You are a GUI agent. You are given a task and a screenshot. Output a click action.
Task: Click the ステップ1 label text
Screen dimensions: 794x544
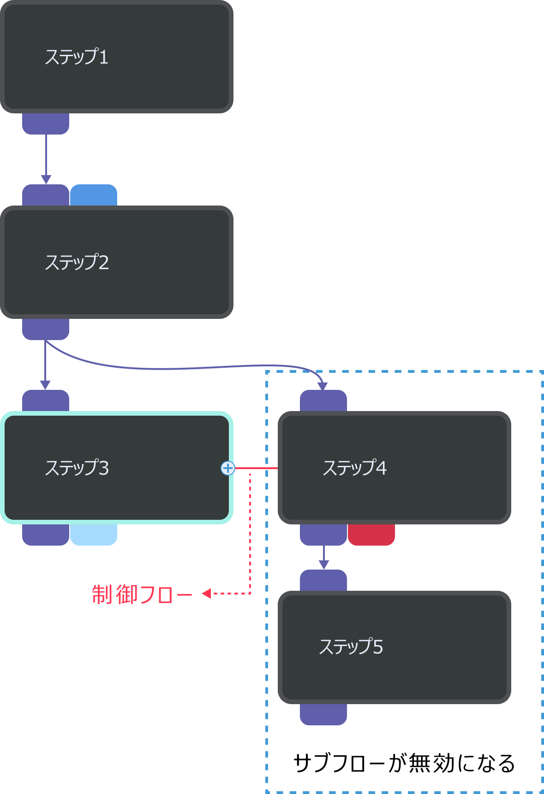(x=77, y=57)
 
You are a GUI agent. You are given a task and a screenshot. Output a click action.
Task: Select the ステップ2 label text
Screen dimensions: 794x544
(x=77, y=262)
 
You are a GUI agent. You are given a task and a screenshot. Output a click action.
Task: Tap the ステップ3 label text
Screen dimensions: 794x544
(x=77, y=468)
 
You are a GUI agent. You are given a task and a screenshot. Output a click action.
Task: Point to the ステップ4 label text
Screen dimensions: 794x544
(x=354, y=468)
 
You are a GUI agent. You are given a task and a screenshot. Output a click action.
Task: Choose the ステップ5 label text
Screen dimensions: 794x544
(x=351, y=647)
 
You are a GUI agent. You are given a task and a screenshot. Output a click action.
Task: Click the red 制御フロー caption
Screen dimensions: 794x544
(x=142, y=594)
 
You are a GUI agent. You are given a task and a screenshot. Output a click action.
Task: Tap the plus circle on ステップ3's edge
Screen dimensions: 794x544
(x=228, y=468)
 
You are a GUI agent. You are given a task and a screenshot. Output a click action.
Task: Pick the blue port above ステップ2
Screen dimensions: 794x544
(x=94, y=195)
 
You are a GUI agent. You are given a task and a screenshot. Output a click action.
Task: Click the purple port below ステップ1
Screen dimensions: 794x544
(x=46, y=124)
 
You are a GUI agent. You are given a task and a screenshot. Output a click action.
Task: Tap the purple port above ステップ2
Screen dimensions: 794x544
(x=46, y=195)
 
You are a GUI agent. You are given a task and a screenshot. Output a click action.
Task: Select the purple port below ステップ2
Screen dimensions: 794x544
(x=46, y=329)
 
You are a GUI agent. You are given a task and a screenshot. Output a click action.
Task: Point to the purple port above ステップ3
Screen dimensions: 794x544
(x=46, y=400)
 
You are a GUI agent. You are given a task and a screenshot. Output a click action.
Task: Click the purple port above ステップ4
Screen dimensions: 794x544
(x=323, y=400)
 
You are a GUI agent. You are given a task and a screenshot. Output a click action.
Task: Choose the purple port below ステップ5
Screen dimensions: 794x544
(x=323, y=714)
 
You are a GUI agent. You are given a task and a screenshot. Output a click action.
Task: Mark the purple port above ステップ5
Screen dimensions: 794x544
(x=323, y=580)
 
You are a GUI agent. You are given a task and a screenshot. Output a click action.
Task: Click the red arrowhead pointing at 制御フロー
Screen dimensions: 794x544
(x=206, y=594)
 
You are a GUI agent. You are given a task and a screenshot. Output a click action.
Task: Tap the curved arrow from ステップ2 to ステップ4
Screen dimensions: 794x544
(x=185, y=368)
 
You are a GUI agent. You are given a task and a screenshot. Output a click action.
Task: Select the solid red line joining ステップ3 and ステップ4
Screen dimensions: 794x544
(x=257, y=468)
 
